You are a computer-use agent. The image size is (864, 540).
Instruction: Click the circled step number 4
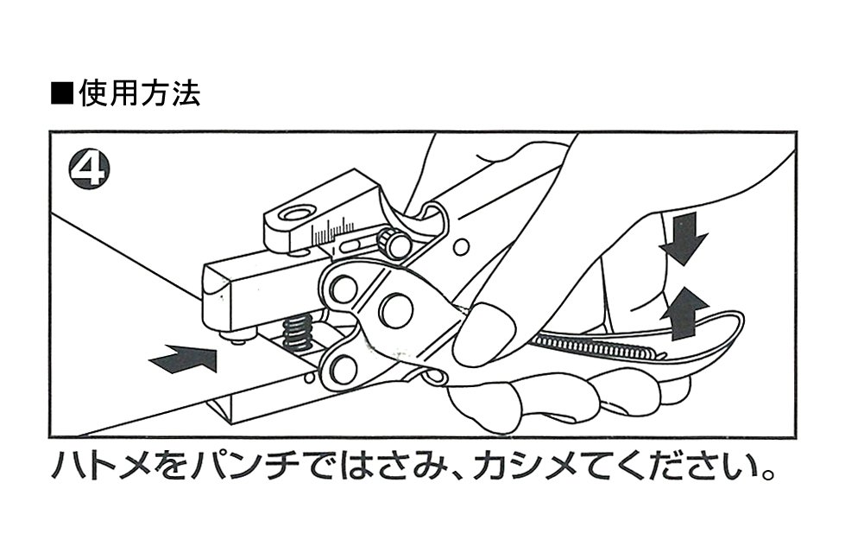[88, 168]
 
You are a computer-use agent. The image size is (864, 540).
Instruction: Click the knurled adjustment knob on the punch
[396, 245]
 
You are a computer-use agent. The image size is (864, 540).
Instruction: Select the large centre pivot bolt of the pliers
[396, 310]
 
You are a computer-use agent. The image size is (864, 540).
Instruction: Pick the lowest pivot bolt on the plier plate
[343, 369]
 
